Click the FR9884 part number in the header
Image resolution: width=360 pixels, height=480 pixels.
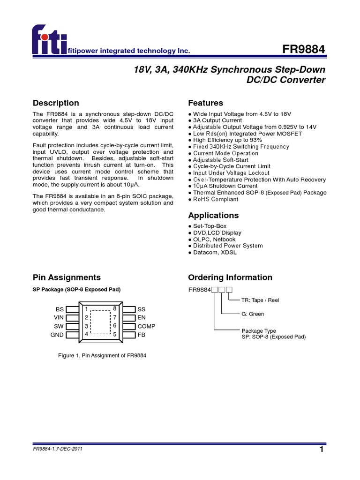pyautogui.click(x=304, y=49)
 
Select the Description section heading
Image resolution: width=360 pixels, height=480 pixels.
pyautogui.click(x=56, y=103)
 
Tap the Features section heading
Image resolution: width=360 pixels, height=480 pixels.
pyautogui.click(x=205, y=103)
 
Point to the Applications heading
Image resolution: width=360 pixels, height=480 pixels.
pyautogui.click(x=213, y=216)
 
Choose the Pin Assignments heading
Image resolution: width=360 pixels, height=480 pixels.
pyautogui.click(x=67, y=277)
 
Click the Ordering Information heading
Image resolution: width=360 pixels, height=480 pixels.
pyautogui.click(x=230, y=277)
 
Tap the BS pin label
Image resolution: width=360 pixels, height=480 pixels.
pyautogui.click(x=60, y=309)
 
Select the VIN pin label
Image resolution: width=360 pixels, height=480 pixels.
pyautogui.click(x=59, y=318)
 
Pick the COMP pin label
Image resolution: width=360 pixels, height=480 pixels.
pyautogui.click(x=146, y=326)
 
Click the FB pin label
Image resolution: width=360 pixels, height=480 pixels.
pyautogui.click(x=142, y=335)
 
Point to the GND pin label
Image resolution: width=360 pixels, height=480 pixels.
pyautogui.click(x=57, y=335)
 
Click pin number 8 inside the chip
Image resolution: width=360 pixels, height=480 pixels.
pyautogui.click(x=115, y=308)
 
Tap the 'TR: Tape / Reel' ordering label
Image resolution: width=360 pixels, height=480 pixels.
pyautogui.click(x=260, y=300)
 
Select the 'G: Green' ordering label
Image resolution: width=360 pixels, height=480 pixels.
pyautogui.click(x=253, y=314)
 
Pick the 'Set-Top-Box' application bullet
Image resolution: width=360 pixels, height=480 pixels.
pyautogui.click(x=210, y=226)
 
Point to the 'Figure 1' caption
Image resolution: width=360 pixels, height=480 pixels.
pyautogui.click(x=102, y=356)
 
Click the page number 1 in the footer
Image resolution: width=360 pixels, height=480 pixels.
pyautogui.click(x=322, y=450)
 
